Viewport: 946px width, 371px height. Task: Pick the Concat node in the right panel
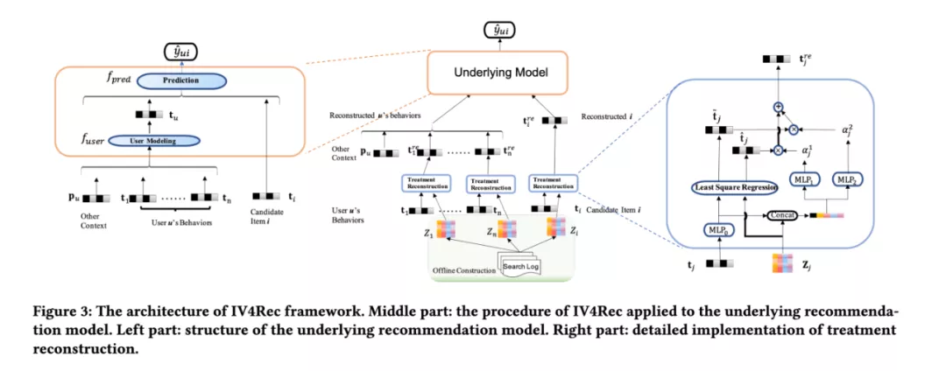pos(780,214)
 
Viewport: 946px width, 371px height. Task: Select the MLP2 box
pos(849,179)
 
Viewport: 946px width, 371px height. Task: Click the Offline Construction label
pos(465,270)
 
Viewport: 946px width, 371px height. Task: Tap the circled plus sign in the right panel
pos(776,106)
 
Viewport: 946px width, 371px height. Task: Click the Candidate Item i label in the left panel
pos(270,220)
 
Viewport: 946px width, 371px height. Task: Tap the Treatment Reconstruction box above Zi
pos(553,183)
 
